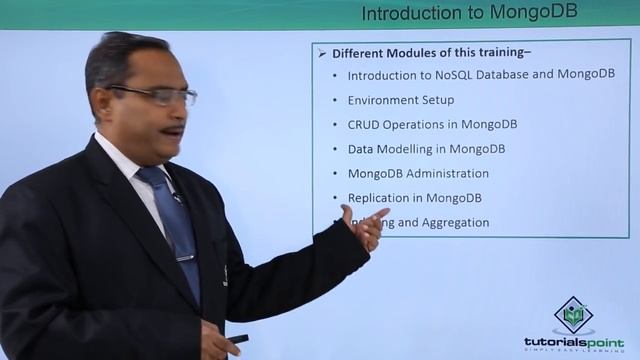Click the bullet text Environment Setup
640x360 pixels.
click(x=400, y=100)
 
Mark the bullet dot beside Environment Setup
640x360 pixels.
click(x=334, y=100)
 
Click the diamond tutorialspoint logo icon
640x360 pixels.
click(x=573, y=315)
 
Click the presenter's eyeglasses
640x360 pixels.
click(x=160, y=95)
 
